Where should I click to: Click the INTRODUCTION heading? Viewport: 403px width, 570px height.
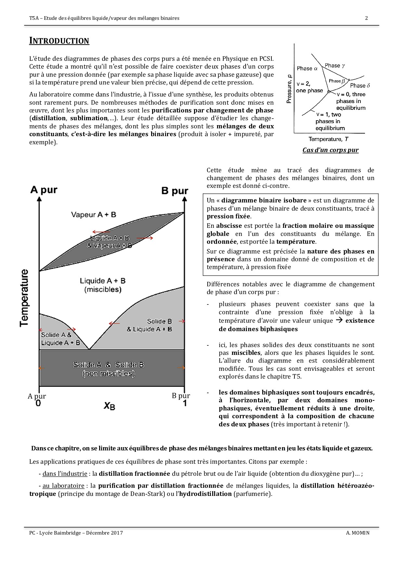(59, 41)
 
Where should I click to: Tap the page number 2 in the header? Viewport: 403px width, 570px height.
(367, 18)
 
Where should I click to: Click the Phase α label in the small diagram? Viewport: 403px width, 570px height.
(307, 69)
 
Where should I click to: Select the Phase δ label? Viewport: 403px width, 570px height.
(360, 86)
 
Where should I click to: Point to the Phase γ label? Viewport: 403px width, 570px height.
(335, 66)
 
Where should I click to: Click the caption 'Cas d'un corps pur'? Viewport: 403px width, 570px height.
(330, 150)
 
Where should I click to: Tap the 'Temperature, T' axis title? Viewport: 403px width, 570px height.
(328, 139)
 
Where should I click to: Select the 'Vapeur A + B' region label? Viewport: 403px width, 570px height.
(94, 215)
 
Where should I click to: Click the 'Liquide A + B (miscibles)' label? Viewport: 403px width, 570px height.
(103, 285)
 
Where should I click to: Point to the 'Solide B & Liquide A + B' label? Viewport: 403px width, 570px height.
(149, 325)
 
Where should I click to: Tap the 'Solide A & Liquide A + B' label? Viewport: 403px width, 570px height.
(60, 339)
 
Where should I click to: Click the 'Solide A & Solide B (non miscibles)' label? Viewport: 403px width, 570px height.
(109, 369)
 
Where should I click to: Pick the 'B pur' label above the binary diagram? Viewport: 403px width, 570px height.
(175, 191)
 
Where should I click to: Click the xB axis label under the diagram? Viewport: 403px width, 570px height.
(110, 406)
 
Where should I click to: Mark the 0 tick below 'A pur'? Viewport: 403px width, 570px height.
(38, 404)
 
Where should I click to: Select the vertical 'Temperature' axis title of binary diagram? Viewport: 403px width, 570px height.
(24, 298)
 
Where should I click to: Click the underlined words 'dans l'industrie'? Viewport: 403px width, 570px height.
(65, 474)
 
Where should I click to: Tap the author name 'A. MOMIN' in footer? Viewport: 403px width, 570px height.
(358, 533)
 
